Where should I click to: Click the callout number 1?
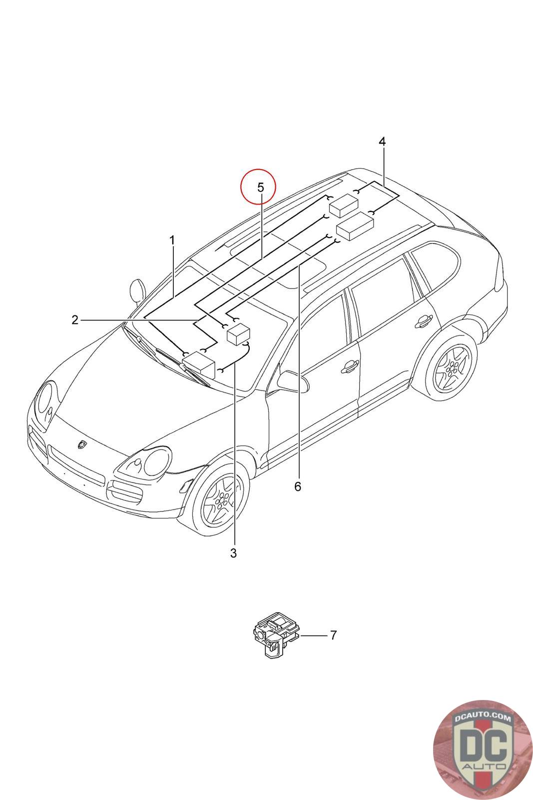(x=172, y=240)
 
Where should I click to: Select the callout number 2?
(x=75, y=319)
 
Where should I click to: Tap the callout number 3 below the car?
(x=233, y=553)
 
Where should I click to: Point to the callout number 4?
(x=382, y=141)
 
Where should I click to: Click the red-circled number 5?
(x=260, y=187)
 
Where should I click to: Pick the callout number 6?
(x=298, y=486)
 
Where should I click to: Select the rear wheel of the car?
(x=452, y=369)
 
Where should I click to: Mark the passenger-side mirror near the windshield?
(x=137, y=290)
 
